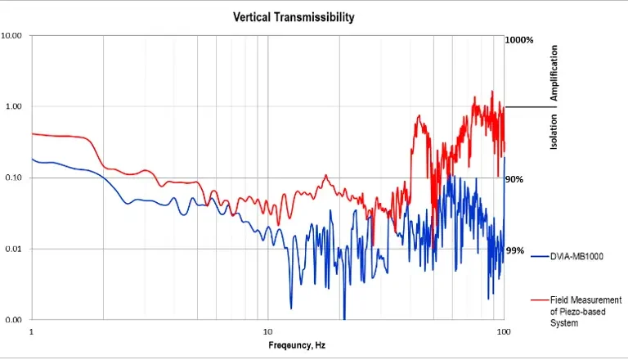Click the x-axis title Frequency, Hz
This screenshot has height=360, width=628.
point(297,345)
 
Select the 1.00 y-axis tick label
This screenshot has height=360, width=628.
point(14,107)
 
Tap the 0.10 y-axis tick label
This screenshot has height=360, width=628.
point(14,178)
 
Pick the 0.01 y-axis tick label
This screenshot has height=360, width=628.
point(14,249)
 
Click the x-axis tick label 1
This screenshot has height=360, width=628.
point(31,332)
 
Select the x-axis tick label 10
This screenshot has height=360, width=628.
point(267,332)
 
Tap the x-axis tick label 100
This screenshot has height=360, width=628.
point(504,332)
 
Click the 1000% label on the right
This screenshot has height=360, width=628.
point(519,40)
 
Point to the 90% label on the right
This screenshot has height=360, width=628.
point(514,179)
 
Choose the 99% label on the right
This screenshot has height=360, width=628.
point(514,250)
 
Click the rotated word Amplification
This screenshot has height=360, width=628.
point(554,74)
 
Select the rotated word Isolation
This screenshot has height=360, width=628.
point(554,131)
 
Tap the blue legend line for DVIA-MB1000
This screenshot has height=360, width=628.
point(539,257)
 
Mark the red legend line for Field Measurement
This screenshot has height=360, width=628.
point(539,301)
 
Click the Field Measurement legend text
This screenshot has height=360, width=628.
point(585,312)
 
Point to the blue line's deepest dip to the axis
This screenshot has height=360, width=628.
point(344,318)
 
